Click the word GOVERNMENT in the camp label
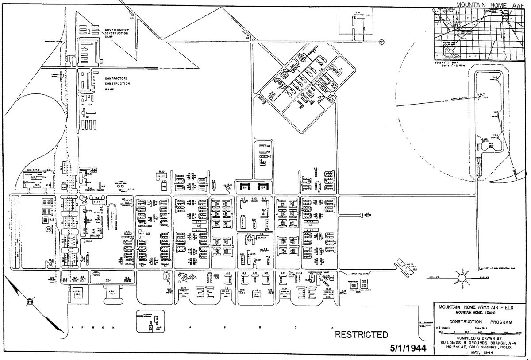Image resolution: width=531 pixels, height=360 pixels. tap(116, 30)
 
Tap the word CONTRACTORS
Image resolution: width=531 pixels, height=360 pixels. tap(117, 78)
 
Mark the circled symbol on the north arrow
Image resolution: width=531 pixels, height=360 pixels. tap(30, 301)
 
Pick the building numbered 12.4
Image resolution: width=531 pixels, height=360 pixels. tap(78, 293)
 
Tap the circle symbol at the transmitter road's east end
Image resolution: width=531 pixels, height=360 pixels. tap(381, 42)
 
